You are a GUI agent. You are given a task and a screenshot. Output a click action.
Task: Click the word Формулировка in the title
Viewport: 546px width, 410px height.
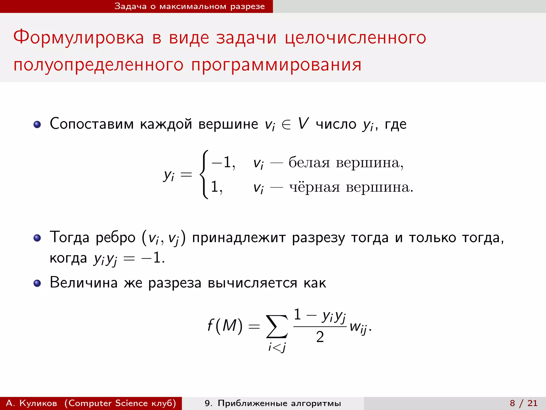(79, 38)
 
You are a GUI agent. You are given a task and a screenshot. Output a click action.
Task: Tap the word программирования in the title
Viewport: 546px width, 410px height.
(276, 65)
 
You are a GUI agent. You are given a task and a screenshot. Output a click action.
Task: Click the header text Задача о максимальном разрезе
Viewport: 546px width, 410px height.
(190, 6)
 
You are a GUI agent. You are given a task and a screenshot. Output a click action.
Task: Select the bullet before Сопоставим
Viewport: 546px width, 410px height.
(37, 124)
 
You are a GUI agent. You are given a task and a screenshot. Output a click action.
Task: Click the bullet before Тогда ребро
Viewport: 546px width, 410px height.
(37, 238)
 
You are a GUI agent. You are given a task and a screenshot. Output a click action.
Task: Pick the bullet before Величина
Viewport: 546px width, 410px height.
(37, 283)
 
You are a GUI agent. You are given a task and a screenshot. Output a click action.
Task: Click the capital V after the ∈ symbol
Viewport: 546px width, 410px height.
(303, 124)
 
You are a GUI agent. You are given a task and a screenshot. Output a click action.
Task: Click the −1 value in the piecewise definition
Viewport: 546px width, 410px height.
(223, 162)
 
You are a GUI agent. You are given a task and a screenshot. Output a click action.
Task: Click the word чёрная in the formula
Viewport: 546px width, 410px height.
(315, 187)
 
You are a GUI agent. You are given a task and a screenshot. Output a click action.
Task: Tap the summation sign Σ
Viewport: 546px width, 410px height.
(277, 326)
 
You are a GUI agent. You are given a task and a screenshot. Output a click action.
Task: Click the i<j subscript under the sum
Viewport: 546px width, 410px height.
(277, 347)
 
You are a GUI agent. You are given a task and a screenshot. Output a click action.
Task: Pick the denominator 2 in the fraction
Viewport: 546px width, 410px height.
(320, 337)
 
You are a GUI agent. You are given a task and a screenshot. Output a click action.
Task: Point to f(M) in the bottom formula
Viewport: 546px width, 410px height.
(225, 326)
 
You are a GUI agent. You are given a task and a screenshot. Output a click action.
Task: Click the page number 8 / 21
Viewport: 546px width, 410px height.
(524, 403)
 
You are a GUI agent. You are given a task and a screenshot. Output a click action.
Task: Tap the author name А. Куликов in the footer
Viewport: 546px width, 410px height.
(31, 403)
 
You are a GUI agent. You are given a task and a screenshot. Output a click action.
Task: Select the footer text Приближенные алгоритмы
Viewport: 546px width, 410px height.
(279, 403)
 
